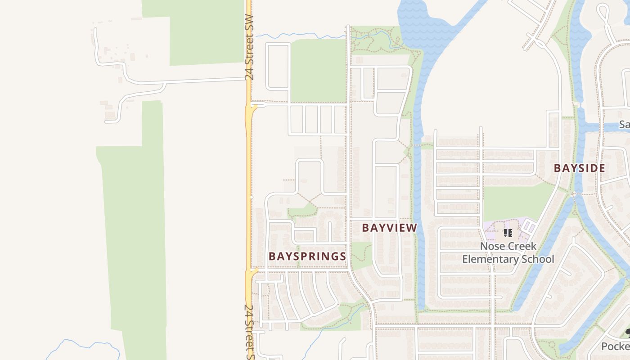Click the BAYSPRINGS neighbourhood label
(307, 256)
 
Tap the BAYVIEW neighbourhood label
(390, 228)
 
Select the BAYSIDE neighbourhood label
(579, 168)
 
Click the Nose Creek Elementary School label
(508, 253)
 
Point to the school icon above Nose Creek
(508, 233)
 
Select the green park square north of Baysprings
(318, 70)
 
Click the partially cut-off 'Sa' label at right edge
(624, 124)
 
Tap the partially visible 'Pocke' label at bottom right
(616, 346)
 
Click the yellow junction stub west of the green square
(253, 107)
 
